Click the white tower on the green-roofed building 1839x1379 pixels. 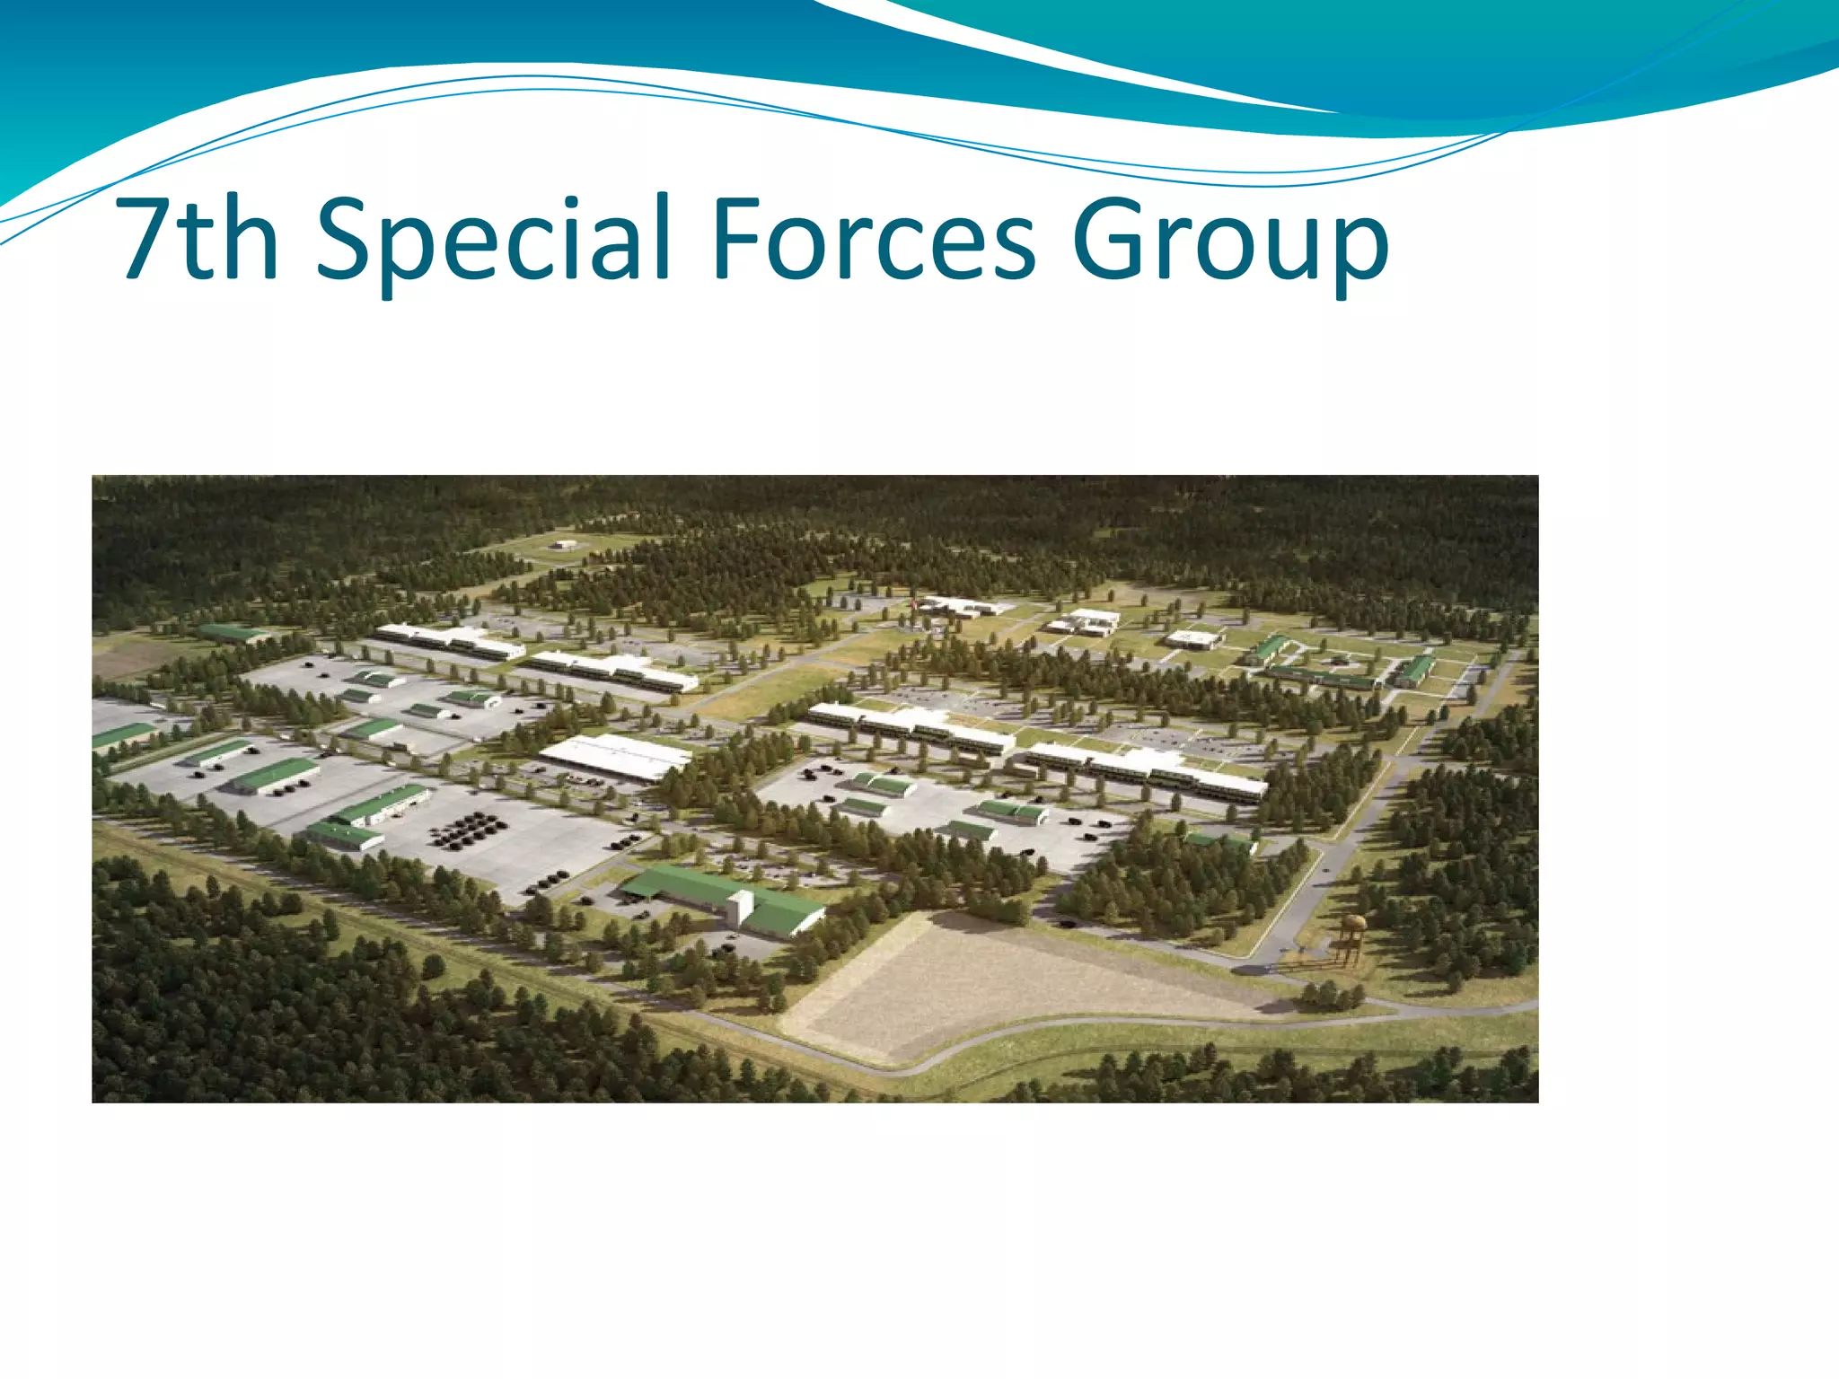[x=740, y=908]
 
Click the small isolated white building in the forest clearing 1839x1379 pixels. [x=564, y=544]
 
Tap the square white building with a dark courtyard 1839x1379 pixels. [x=1193, y=639]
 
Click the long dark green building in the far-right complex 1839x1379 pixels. [x=1320, y=677]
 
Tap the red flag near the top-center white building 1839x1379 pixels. [x=915, y=603]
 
